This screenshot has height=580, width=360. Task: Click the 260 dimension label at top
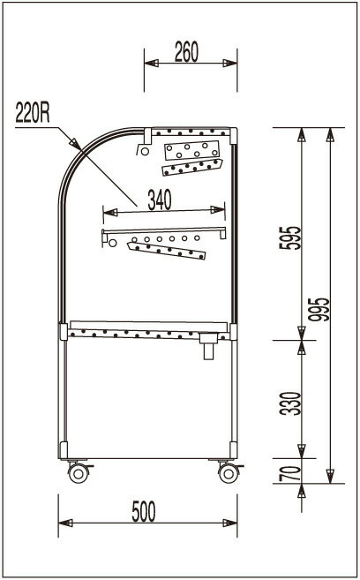point(186,52)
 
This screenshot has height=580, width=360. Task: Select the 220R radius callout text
point(33,113)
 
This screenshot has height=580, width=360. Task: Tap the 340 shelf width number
point(160,200)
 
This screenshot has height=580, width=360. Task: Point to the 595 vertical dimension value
point(290,237)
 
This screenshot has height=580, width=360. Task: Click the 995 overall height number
point(319,309)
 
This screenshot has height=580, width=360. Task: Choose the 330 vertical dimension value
point(290,403)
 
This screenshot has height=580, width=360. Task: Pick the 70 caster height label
point(290,473)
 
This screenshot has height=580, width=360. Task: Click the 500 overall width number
point(144,511)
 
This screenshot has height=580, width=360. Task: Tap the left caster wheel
point(79,473)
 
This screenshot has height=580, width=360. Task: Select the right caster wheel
point(229,473)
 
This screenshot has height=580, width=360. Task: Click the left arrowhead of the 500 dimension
point(65,523)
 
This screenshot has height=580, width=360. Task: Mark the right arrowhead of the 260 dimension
point(230,63)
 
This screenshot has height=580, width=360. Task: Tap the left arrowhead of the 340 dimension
point(110,213)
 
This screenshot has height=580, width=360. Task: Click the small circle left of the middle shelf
point(112,243)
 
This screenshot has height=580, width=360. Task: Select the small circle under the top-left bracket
point(145,151)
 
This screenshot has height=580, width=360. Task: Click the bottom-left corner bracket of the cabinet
point(64,450)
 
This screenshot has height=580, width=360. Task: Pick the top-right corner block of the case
point(233,136)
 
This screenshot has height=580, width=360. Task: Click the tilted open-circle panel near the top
point(191,150)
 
